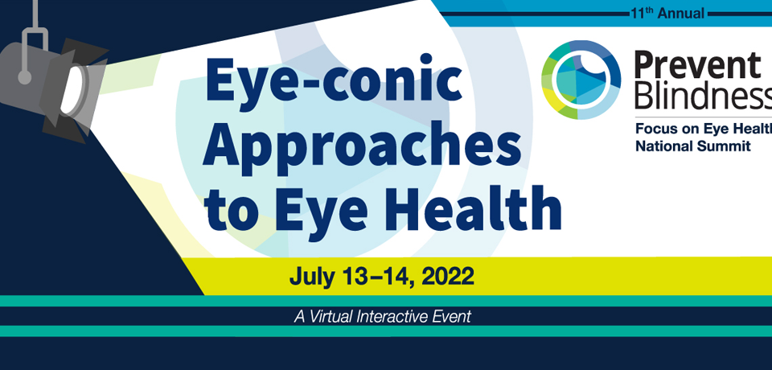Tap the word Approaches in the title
tap(363, 146)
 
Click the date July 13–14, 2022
tap(381, 277)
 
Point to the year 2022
tap(448, 277)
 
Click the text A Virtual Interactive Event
tap(383, 316)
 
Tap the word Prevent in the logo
tap(697, 64)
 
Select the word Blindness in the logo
tap(703, 96)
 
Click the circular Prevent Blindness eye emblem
tap(581, 80)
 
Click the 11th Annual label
tap(667, 14)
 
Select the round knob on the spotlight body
tap(24, 77)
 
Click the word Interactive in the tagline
tap(387, 316)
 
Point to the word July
tap(309, 277)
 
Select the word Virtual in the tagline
tap(330, 316)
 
